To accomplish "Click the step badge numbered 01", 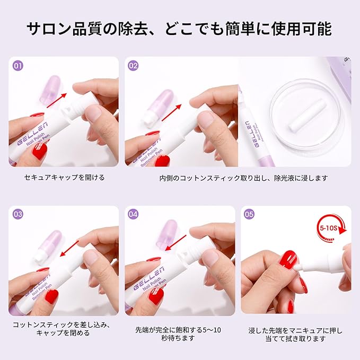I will click(x=18, y=66).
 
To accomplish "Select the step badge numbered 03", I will click(x=18, y=215).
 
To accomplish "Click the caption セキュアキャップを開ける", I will click(x=64, y=178).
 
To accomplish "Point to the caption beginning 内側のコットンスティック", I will click(x=243, y=178).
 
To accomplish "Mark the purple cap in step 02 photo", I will click(x=160, y=102).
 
